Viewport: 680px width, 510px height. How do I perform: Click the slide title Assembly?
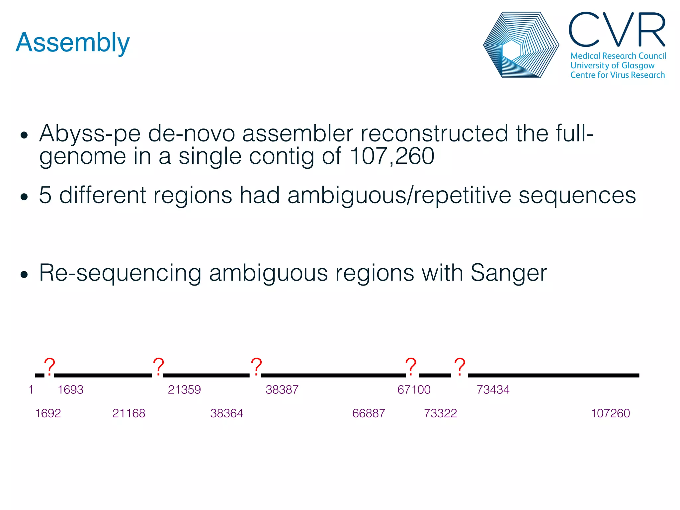point(72,42)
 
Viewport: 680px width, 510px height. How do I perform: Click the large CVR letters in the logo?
point(617,30)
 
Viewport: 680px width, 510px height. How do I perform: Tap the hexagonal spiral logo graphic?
point(521,45)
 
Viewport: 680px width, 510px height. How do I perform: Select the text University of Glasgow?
point(612,65)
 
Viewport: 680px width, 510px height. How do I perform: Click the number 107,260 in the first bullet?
point(392,156)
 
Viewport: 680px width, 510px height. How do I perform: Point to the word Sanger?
point(508,273)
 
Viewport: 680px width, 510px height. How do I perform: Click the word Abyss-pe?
point(90,134)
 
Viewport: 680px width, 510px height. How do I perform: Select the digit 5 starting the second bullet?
point(45,195)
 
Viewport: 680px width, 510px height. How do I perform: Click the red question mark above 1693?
point(49,367)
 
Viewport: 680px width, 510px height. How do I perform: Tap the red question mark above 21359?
point(158,367)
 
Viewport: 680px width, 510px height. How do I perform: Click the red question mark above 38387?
point(256,367)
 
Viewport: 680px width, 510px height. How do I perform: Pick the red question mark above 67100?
point(411,367)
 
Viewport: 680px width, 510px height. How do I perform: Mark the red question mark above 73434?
point(460,367)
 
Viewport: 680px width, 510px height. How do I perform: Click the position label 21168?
point(128,413)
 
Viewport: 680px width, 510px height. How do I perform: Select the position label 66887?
point(369,413)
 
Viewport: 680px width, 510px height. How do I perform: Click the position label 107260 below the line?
point(610,413)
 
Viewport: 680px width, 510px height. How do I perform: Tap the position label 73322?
point(440,413)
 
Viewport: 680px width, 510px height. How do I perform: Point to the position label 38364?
point(226,413)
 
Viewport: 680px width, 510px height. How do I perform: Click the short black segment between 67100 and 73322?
point(435,375)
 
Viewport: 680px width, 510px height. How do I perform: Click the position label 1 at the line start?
point(31,389)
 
